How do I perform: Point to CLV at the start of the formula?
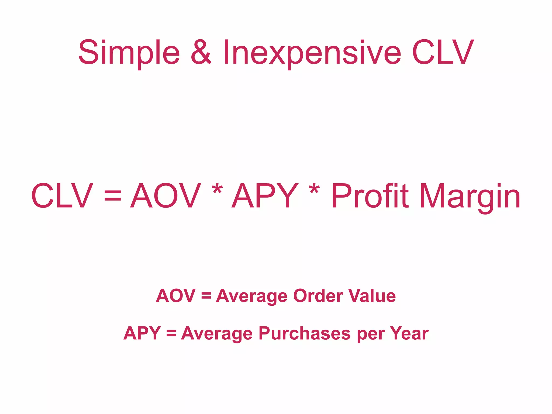point(62,196)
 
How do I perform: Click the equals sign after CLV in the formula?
point(113,196)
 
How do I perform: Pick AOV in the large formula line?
point(165,196)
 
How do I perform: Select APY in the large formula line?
point(265,196)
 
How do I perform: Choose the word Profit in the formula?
point(370,196)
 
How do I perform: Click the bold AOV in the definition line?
point(175,296)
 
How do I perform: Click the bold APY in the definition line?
point(142,333)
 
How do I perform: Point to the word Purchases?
point(305,334)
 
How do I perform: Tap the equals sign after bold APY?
point(171,333)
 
